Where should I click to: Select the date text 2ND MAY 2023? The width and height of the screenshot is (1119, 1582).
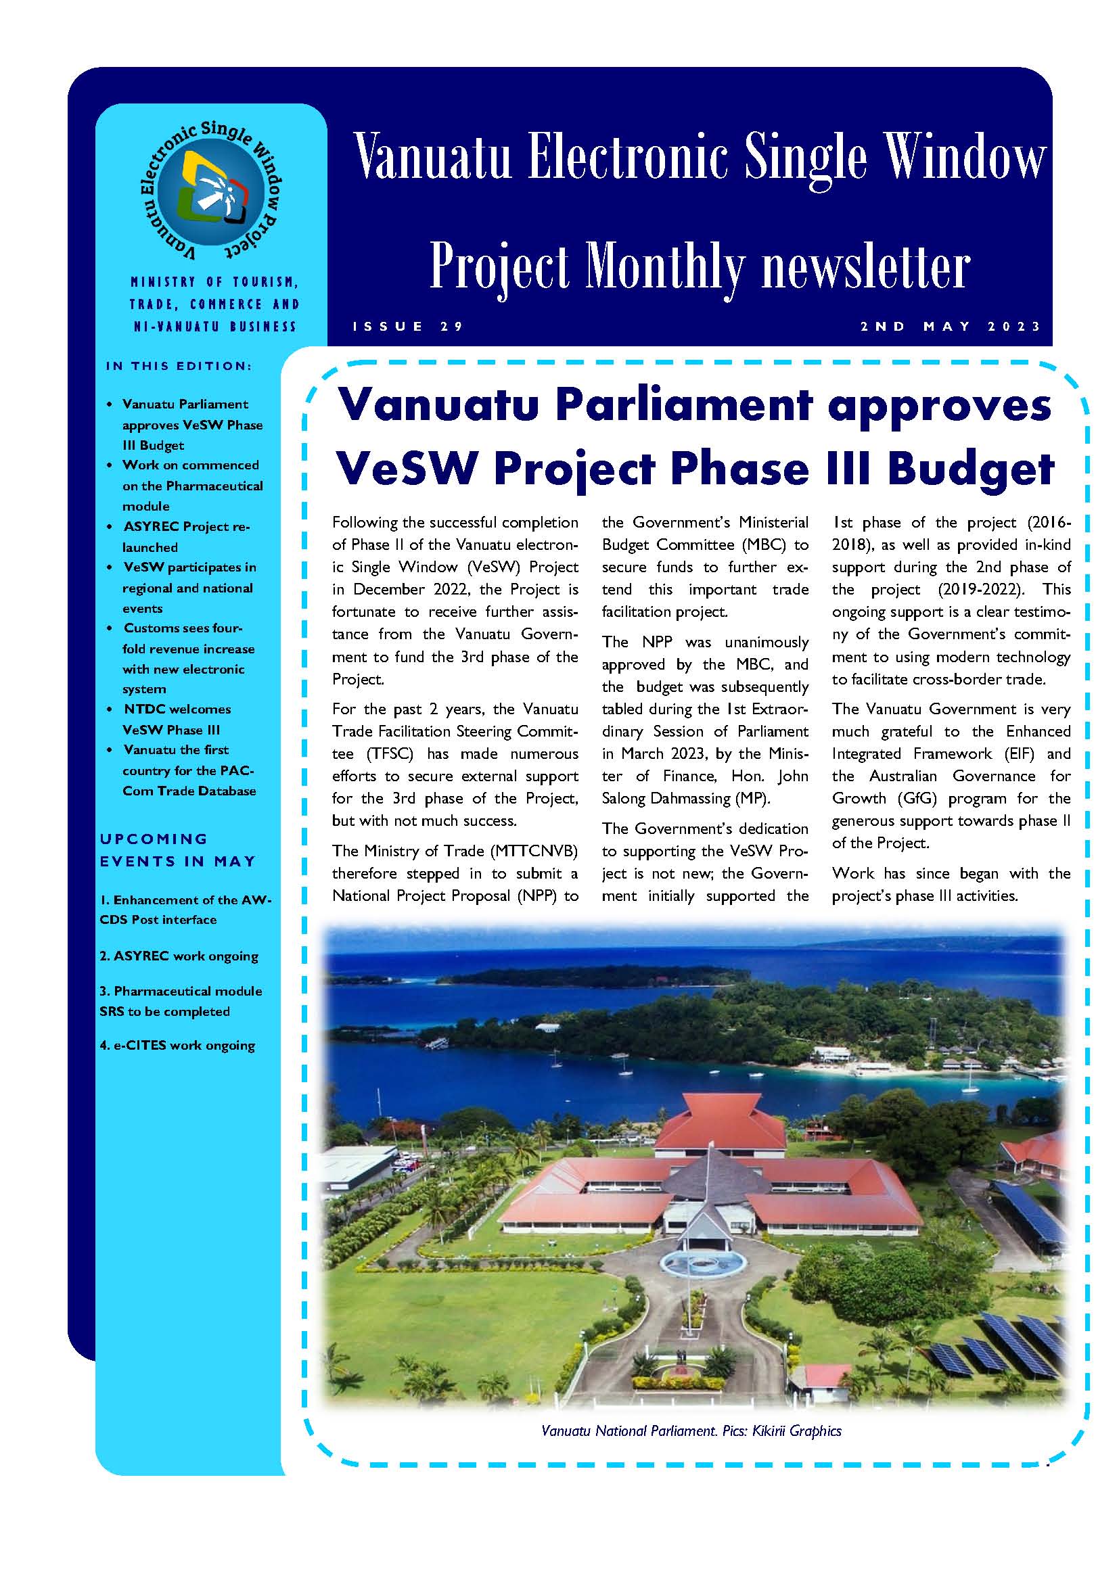[950, 327]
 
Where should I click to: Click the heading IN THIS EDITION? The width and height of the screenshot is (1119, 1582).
[179, 366]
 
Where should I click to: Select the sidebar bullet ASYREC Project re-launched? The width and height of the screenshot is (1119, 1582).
[186, 537]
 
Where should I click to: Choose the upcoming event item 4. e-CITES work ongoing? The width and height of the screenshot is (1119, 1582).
[177, 1045]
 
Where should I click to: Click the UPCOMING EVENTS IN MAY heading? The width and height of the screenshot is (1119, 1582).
[178, 850]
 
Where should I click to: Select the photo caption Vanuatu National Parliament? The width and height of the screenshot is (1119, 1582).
[629, 1431]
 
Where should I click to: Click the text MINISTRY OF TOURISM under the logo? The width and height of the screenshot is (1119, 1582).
[214, 282]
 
